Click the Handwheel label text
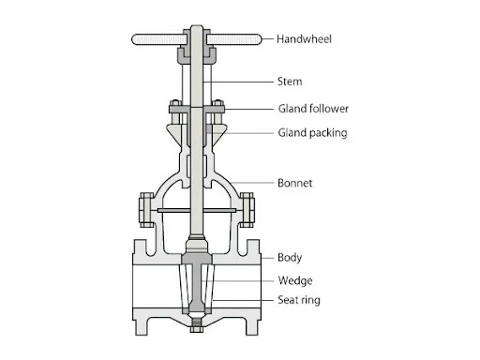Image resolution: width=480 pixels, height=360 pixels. click(304, 39)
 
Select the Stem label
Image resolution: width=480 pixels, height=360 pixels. click(290, 82)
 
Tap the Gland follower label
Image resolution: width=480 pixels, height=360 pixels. click(313, 109)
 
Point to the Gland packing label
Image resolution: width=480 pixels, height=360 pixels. click(312, 133)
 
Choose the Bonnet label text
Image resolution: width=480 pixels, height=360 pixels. click(294, 183)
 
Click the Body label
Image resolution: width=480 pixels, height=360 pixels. click(290, 258)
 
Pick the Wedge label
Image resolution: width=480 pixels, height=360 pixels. click(295, 280)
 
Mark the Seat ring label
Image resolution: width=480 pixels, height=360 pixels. click(299, 300)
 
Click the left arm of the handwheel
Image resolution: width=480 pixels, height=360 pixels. click(159, 39)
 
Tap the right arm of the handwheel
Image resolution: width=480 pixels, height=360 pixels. click(233, 39)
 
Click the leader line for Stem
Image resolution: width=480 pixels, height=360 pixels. click(238, 82)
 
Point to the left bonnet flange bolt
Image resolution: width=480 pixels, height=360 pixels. click(146, 210)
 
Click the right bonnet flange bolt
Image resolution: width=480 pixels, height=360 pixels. click(247, 210)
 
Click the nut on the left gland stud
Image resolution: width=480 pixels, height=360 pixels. click(175, 103)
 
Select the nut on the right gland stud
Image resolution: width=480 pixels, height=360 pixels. click(217, 103)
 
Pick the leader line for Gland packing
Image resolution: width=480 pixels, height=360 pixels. click(241, 133)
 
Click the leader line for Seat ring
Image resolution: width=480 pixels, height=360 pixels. click(243, 300)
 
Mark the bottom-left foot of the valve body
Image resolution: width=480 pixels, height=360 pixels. click(142, 327)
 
